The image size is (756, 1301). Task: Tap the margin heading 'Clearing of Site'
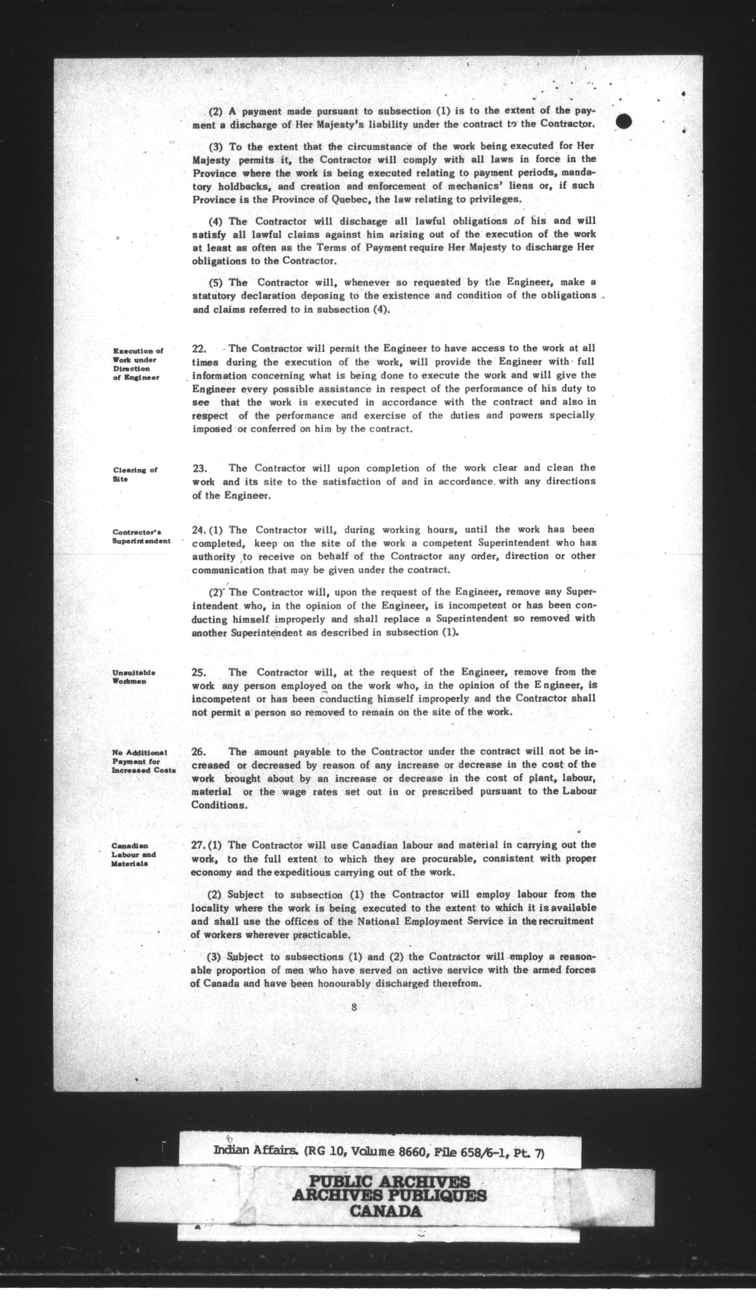pyautogui.click(x=135, y=474)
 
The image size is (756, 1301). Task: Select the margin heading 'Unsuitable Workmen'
pyautogui.click(x=134, y=677)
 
